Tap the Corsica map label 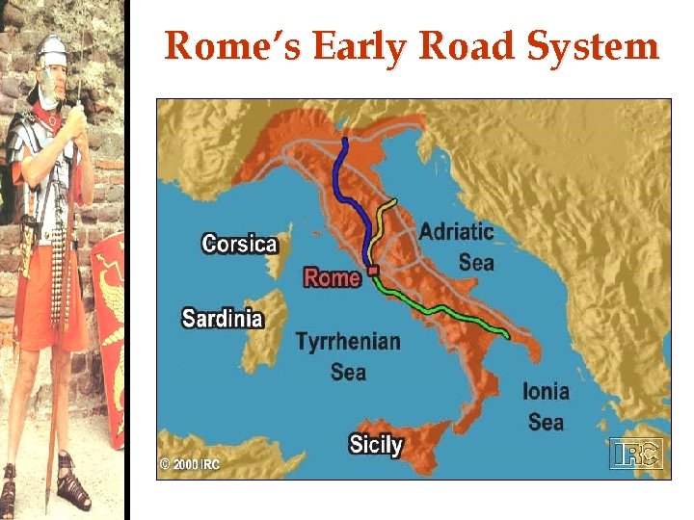[x=240, y=244]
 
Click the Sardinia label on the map [x=222, y=317]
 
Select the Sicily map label [x=375, y=445]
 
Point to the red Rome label [x=332, y=277]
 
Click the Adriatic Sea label [x=456, y=247]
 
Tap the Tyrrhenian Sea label [x=347, y=355]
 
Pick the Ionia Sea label [x=546, y=405]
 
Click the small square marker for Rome [x=372, y=272]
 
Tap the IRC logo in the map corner [x=635, y=454]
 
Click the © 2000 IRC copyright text [x=190, y=464]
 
